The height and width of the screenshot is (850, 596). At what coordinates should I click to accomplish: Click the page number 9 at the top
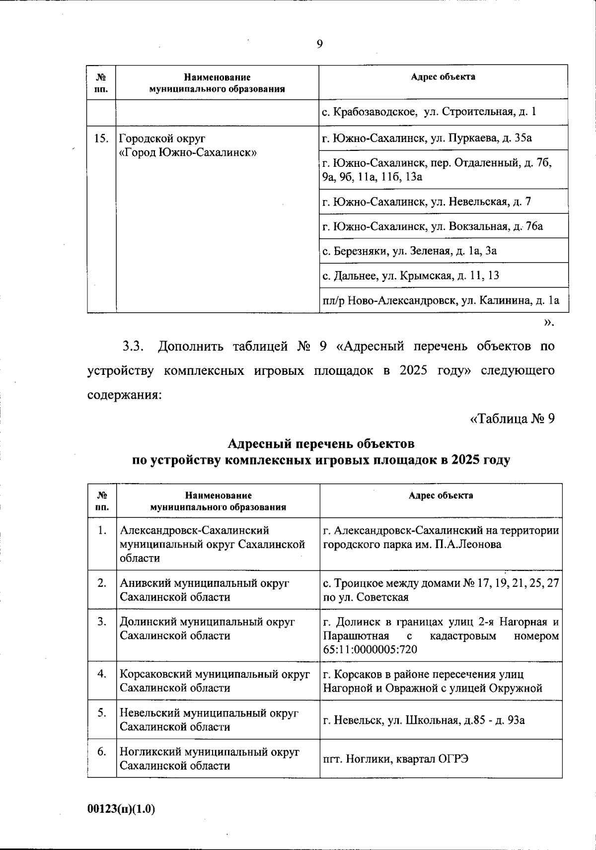[319, 44]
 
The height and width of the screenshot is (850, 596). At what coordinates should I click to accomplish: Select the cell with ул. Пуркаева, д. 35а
[427, 138]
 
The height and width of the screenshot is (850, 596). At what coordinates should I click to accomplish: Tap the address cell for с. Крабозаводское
[429, 112]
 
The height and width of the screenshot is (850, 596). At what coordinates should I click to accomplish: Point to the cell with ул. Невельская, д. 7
[427, 202]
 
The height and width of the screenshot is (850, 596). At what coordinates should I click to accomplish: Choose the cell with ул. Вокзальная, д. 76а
[433, 226]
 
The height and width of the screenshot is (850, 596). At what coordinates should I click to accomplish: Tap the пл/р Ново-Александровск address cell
[441, 300]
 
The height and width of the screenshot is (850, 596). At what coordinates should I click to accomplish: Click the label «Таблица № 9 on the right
[512, 419]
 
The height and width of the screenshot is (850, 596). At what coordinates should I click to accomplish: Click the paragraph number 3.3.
[133, 346]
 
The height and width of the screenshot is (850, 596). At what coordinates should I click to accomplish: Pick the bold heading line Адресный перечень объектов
[320, 442]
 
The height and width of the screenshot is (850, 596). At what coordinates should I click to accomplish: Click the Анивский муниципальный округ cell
[205, 590]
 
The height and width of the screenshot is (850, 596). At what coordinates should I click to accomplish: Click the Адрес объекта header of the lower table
[441, 496]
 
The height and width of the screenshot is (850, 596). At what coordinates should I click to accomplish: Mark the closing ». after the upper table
[548, 323]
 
